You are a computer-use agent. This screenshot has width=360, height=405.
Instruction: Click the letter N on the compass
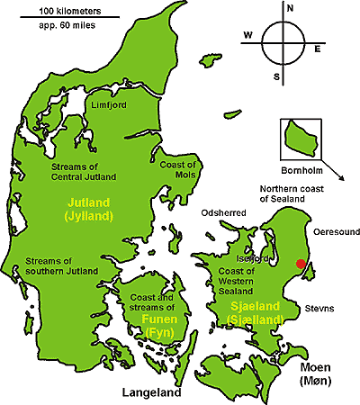(x=290, y=8)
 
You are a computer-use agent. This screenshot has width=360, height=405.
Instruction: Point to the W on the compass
(x=247, y=36)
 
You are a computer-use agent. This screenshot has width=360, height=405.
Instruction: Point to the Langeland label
(x=150, y=392)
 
